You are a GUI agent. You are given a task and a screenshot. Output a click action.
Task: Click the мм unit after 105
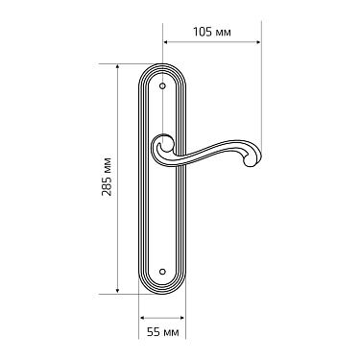tap(224, 32)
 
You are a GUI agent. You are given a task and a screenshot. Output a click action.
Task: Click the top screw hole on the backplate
tap(164, 87)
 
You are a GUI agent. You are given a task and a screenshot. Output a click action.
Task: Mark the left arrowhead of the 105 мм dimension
tap(165, 43)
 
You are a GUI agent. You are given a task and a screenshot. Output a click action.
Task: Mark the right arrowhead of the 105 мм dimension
tap(260, 43)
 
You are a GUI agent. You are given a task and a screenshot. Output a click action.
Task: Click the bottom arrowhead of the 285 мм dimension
tap(119, 291)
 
